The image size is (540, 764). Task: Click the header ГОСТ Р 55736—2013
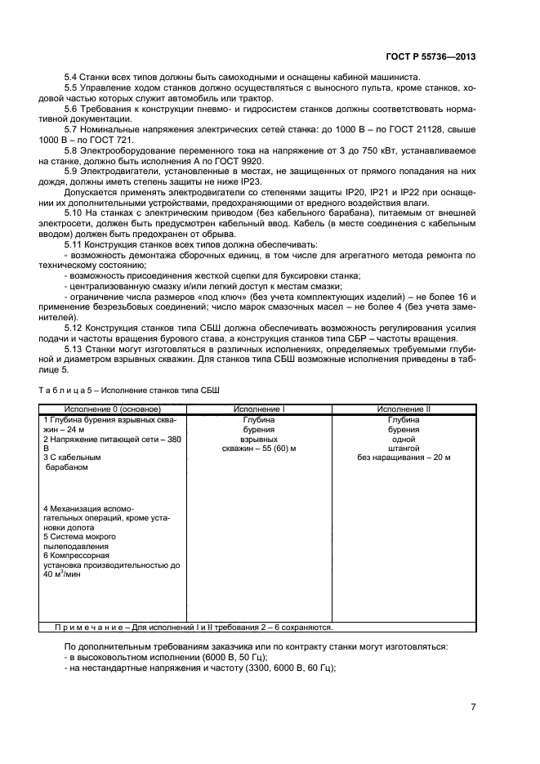[431, 56]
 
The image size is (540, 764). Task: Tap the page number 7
[473, 708]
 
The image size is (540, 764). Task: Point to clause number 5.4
[72, 77]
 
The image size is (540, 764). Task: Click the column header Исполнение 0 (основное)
[113, 409]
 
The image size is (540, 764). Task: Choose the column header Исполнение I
[259, 409]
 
